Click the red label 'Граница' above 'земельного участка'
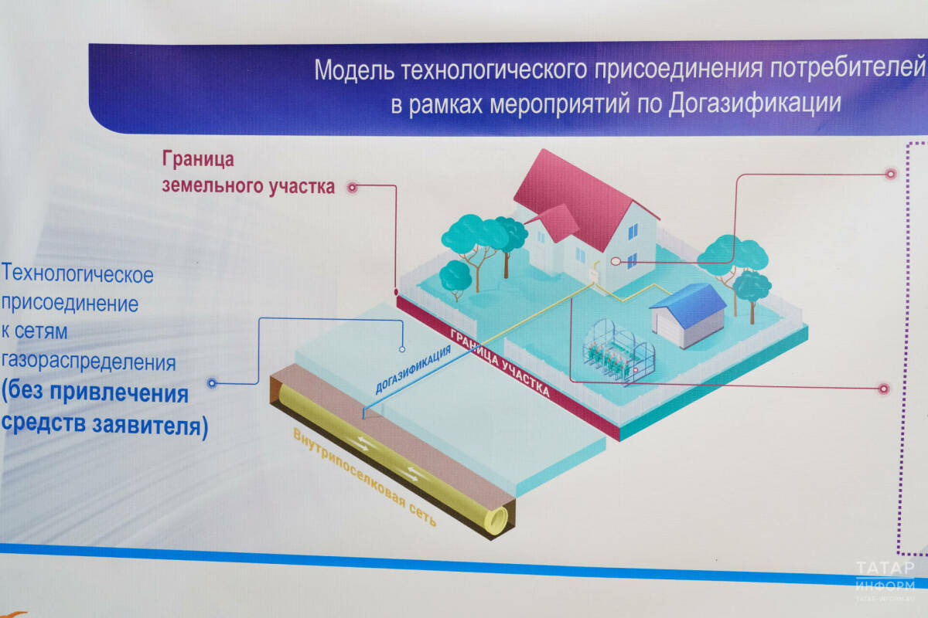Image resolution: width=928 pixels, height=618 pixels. pos(197,159)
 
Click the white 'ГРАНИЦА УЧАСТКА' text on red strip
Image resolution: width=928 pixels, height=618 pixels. pos(500,363)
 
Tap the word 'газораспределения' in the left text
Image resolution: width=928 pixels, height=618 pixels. pos(88,361)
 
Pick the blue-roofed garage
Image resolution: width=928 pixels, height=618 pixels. pos(688,313)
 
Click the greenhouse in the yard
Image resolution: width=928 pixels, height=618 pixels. pos(619,351)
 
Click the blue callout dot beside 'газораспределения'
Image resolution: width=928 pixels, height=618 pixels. pos(213,382)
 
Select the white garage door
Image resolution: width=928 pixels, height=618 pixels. pos(670,324)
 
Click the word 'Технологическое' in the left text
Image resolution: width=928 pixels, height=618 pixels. pos(78,274)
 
